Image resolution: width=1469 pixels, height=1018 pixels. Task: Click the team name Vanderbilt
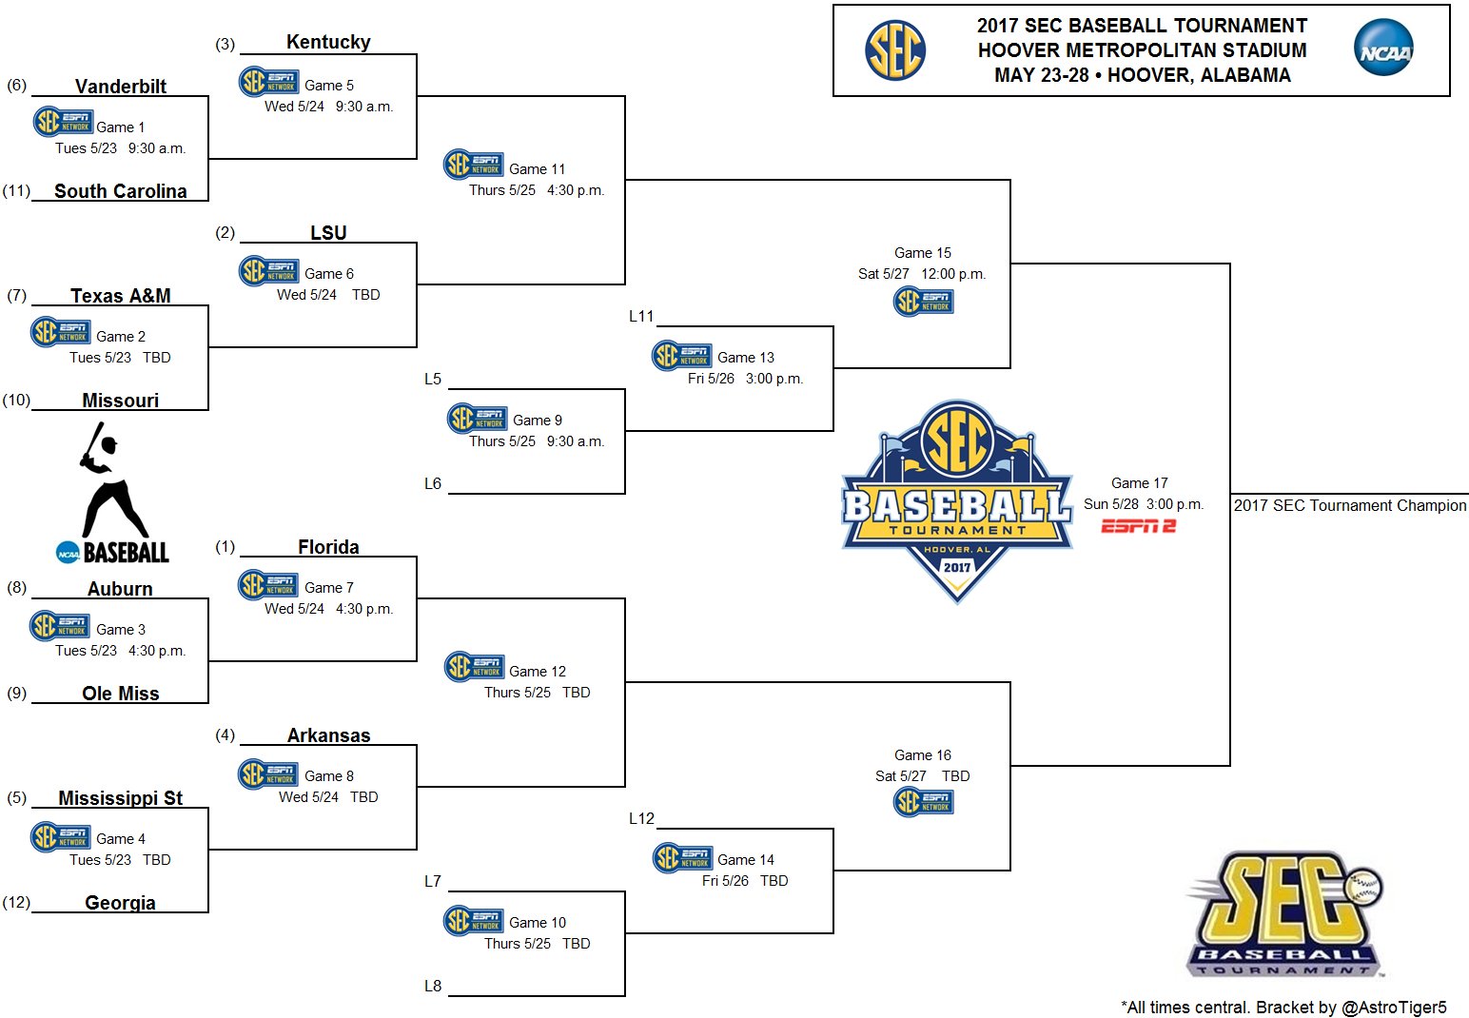click(x=121, y=87)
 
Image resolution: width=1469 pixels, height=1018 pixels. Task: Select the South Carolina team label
click(x=121, y=191)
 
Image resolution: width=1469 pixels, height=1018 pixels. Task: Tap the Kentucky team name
click(x=328, y=42)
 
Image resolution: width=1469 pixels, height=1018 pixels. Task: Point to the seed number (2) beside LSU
click(x=225, y=233)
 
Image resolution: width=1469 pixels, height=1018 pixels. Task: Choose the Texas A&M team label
click(x=121, y=296)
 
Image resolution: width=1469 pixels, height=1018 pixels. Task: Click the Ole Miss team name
click(x=121, y=694)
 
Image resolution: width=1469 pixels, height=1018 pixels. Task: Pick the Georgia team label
click(x=121, y=903)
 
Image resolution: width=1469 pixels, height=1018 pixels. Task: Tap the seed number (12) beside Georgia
click(x=16, y=903)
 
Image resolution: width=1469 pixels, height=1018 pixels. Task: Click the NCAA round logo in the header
click(x=1383, y=50)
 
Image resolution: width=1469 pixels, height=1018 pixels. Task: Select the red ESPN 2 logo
click(x=1139, y=526)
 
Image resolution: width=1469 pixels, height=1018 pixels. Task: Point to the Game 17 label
click(x=1139, y=483)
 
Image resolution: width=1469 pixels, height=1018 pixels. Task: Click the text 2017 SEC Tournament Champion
click(x=1350, y=506)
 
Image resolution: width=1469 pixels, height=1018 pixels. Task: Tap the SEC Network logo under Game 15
click(x=923, y=302)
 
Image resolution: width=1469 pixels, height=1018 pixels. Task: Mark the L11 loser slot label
click(x=641, y=317)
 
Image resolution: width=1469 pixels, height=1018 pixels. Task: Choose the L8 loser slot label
click(x=433, y=987)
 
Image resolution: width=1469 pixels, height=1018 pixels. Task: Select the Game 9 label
click(x=538, y=421)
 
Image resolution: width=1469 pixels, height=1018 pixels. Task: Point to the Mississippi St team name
click(x=121, y=798)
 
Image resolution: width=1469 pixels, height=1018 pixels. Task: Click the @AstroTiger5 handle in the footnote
click(x=1394, y=1008)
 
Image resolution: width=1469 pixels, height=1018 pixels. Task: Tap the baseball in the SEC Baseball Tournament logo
click(x=1365, y=887)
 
